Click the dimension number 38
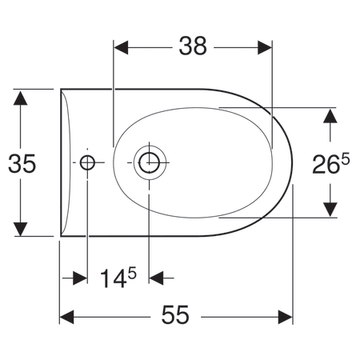point(193,46)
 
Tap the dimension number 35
point(22,163)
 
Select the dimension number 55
point(175,315)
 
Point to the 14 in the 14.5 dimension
point(113,278)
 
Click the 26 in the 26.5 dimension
point(325,165)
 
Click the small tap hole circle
point(87,162)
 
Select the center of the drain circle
point(150,162)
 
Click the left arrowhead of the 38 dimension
point(121,48)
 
